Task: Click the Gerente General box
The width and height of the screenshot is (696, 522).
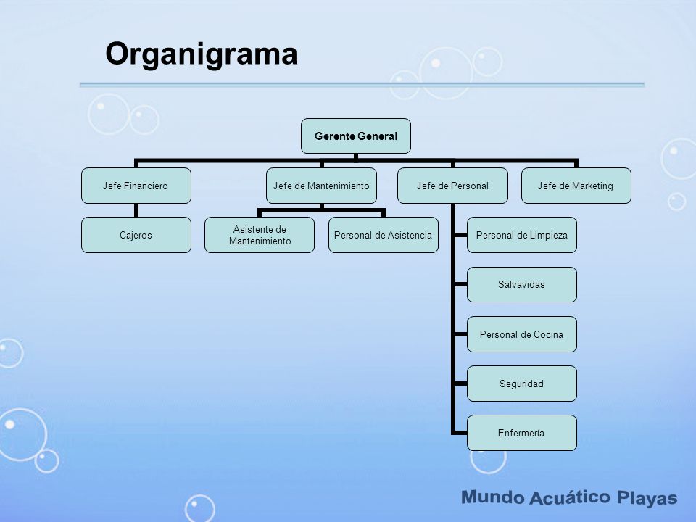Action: [355, 136]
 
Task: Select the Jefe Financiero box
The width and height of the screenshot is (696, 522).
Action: [136, 186]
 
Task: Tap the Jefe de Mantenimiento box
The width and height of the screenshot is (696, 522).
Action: [321, 186]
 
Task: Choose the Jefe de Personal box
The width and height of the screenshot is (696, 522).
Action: [452, 186]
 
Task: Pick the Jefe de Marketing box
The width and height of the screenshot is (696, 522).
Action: [576, 186]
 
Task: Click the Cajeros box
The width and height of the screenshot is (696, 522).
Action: [136, 235]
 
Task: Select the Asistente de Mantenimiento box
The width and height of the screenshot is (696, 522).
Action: [260, 235]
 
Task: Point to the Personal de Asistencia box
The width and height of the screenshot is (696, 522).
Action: [383, 235]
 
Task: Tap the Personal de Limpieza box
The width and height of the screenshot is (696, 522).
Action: [521, 235]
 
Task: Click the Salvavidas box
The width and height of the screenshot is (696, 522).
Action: [521, 284]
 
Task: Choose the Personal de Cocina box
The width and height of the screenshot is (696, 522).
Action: [521, 334]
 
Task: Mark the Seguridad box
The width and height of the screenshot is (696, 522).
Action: [521, 384]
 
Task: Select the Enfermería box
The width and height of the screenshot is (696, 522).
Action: [521, 433]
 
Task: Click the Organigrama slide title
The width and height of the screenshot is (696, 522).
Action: [201, 54]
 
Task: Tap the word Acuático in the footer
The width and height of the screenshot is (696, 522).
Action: [570, 497]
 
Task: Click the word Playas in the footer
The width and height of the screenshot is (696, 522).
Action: [647, 498]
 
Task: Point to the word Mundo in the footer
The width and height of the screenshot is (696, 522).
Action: [492, 497]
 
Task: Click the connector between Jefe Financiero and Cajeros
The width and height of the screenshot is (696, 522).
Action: [136, 210]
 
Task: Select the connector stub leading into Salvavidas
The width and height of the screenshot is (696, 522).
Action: [460, 284]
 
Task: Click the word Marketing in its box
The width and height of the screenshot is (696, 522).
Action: [592, 186]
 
